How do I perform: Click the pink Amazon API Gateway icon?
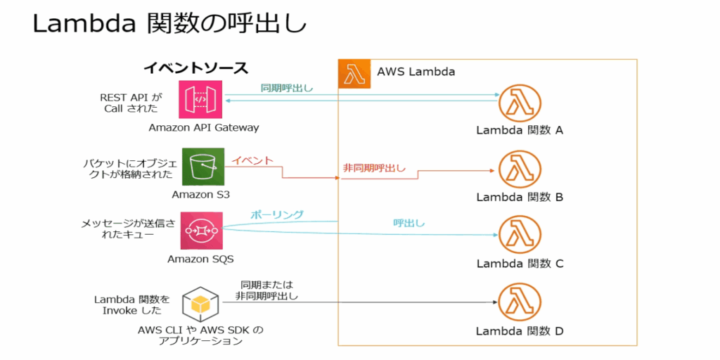point(200,100)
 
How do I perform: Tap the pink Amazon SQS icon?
point(200,230)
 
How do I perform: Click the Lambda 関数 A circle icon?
point(520,104)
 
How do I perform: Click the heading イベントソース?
point(195,68)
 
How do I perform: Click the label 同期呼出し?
point(287,88)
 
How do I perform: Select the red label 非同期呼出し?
point(374,168)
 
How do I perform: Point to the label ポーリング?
point(278,214)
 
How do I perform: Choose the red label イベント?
point(253,161)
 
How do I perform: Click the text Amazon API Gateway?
point(204,128)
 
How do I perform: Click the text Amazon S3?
point(200,194)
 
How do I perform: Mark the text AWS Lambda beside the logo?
point(416,72)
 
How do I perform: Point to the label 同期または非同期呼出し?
point(266,290)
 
